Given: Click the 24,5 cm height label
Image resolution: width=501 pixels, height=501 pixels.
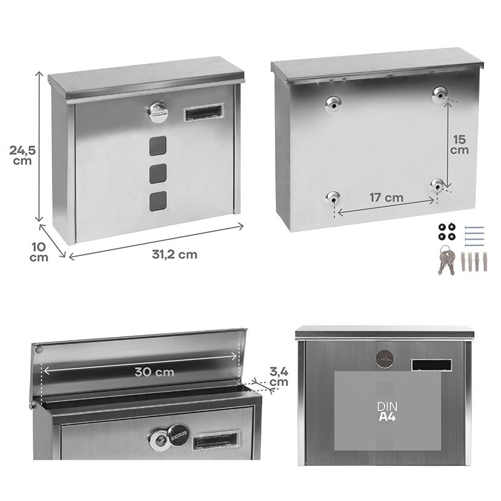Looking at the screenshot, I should (21, 155).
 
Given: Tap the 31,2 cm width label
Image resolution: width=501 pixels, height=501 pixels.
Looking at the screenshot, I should (174, 254).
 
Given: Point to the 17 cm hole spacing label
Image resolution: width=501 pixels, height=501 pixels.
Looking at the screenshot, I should (386, 198).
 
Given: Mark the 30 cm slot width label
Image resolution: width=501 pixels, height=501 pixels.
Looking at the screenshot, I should (154, 371).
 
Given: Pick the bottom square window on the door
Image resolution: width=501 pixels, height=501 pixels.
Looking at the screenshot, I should (158, 200).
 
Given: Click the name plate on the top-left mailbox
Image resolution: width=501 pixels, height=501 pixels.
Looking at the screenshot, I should (200, 113).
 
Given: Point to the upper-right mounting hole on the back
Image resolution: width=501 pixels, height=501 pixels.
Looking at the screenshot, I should (441, 95).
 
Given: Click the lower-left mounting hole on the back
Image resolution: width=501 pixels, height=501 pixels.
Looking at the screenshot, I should (332, 198).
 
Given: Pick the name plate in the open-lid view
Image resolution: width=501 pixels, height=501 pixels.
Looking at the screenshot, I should (215, 441).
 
